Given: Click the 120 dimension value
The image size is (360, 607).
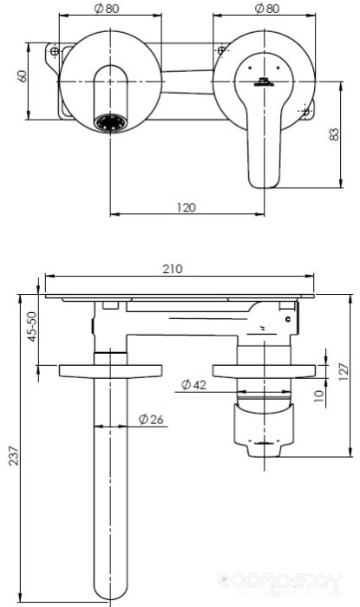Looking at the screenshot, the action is [x=187, y=207].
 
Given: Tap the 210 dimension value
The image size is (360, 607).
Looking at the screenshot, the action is [x=173, y=269].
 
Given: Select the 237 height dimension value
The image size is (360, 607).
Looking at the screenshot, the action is [x=14, y=455].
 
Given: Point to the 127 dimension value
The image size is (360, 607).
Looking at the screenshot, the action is [x=344, y=372].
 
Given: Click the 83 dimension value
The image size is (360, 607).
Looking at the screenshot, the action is [x=334, y=134].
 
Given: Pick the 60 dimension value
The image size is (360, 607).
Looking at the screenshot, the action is [x=23, y=76].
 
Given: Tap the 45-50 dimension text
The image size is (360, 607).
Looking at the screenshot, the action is [x=32, y=326].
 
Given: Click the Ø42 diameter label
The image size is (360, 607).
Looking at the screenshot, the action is [x=194, y=385].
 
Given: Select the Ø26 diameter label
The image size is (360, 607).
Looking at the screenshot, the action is [x=151, y=419].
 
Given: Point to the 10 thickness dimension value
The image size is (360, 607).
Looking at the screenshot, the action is [x=318, y=396].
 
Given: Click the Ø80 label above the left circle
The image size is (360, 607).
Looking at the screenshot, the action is [x=107, y=9].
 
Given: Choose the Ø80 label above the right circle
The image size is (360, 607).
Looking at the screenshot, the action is [x=267, y=9].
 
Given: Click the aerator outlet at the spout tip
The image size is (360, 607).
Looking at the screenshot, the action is [x=111, y=123].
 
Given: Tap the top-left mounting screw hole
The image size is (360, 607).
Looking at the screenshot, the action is [x=55, y=50].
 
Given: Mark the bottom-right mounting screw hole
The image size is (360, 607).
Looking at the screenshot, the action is [x=306, y=111].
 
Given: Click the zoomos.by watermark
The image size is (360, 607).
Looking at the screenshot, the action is [x=280, y=580].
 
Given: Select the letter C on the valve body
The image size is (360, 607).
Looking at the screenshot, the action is [x=288, y=319].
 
